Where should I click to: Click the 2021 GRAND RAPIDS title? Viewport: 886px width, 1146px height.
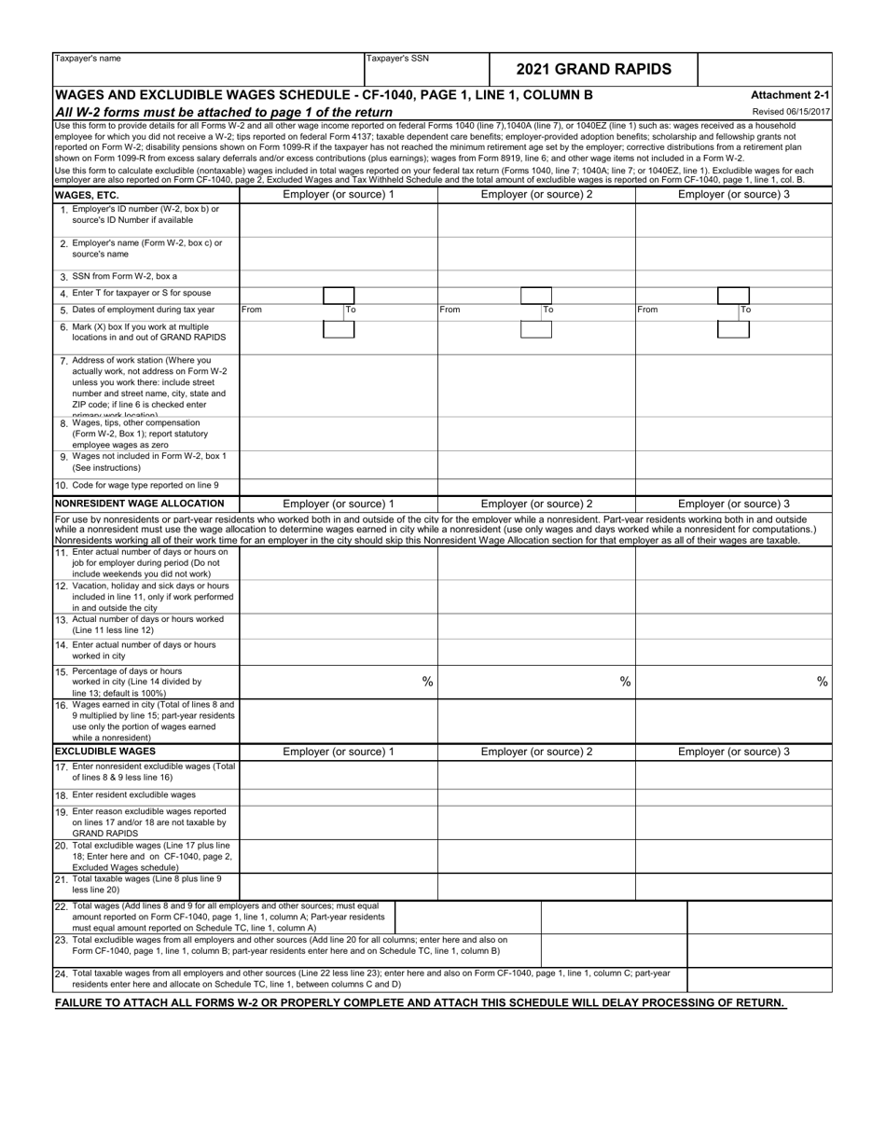(x=593, y=69)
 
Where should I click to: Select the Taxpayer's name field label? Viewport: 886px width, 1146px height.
(x=88, y=59)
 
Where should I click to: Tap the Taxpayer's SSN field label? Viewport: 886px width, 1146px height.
(x=397, y=59)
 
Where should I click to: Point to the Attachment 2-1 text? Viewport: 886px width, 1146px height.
(x=790, y=95)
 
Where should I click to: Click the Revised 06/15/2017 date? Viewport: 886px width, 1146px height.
(x=791, y=112)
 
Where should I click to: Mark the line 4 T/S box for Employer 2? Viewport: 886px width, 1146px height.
(x=535, y=293)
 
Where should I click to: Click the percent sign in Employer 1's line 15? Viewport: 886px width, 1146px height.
(x=427, y=682)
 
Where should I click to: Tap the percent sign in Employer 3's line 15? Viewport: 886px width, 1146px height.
(x=822, y=682)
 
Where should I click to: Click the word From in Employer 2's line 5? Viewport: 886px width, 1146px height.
(x=450, y=310)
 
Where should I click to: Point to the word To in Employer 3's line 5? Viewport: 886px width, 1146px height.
(x=746, y=310)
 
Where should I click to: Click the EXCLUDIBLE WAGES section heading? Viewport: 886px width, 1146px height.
(x=104, y=751)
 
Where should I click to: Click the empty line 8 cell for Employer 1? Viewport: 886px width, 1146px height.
(x=339, y=434)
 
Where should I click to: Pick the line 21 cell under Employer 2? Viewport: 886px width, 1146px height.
(x=536, y=886)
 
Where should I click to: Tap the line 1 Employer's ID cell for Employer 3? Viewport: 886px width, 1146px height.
(x=733, y=219)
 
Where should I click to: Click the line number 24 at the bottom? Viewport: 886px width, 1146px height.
(x=61, y=973)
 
